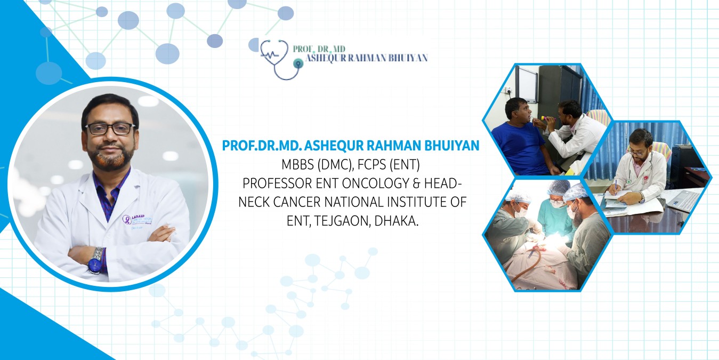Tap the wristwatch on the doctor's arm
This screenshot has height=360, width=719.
[x=96, y=260]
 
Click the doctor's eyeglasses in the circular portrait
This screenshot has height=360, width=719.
[x=110, y=129]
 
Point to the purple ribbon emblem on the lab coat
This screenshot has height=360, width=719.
[x=127, y=220]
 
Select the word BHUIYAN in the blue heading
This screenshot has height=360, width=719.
[x=452, y=146]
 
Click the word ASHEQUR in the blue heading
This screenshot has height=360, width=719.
[x=334, y=146]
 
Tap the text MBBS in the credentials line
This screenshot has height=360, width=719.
[x=297, y=165]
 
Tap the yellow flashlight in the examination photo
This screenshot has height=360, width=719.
[x=548, y=118]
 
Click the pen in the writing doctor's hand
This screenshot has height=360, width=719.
[x=616, y=185]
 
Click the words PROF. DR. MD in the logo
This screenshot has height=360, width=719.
[x=319, y=49]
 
